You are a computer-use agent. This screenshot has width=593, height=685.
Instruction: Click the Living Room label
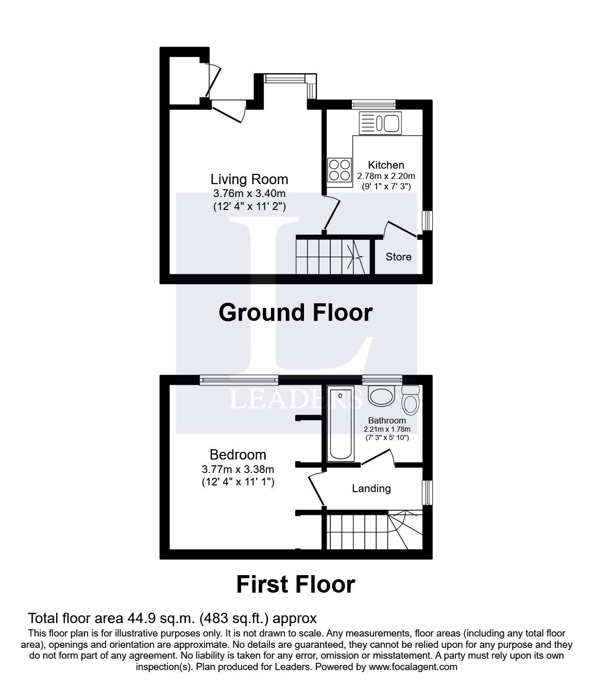coord(249,180)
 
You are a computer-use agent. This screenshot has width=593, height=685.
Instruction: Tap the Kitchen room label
coord(386,165)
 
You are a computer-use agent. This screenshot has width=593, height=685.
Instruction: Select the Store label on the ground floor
coord(398,256)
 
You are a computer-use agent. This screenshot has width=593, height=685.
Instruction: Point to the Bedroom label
coord(238,454)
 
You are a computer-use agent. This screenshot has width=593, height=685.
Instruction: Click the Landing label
coord(371,488)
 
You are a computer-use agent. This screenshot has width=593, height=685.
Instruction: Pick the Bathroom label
coord(387,420)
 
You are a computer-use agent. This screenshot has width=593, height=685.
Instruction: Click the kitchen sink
coord(380,123)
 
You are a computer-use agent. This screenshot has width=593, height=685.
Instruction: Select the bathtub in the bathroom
coord(341,423)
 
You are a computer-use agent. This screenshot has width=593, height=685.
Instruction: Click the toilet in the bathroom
coord(411,400)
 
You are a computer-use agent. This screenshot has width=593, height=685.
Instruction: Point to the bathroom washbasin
coord(382,396)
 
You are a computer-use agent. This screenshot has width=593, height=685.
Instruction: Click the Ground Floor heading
coord(296,313)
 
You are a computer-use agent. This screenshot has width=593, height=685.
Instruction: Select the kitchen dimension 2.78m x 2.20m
coord(386,176)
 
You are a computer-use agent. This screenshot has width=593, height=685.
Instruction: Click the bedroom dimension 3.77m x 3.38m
coord(238,469)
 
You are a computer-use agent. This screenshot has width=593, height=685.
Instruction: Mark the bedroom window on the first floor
coord(239,380)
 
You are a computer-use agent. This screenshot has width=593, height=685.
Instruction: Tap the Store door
coord(400,230)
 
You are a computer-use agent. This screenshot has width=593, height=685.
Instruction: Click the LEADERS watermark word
coord(296,399)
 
